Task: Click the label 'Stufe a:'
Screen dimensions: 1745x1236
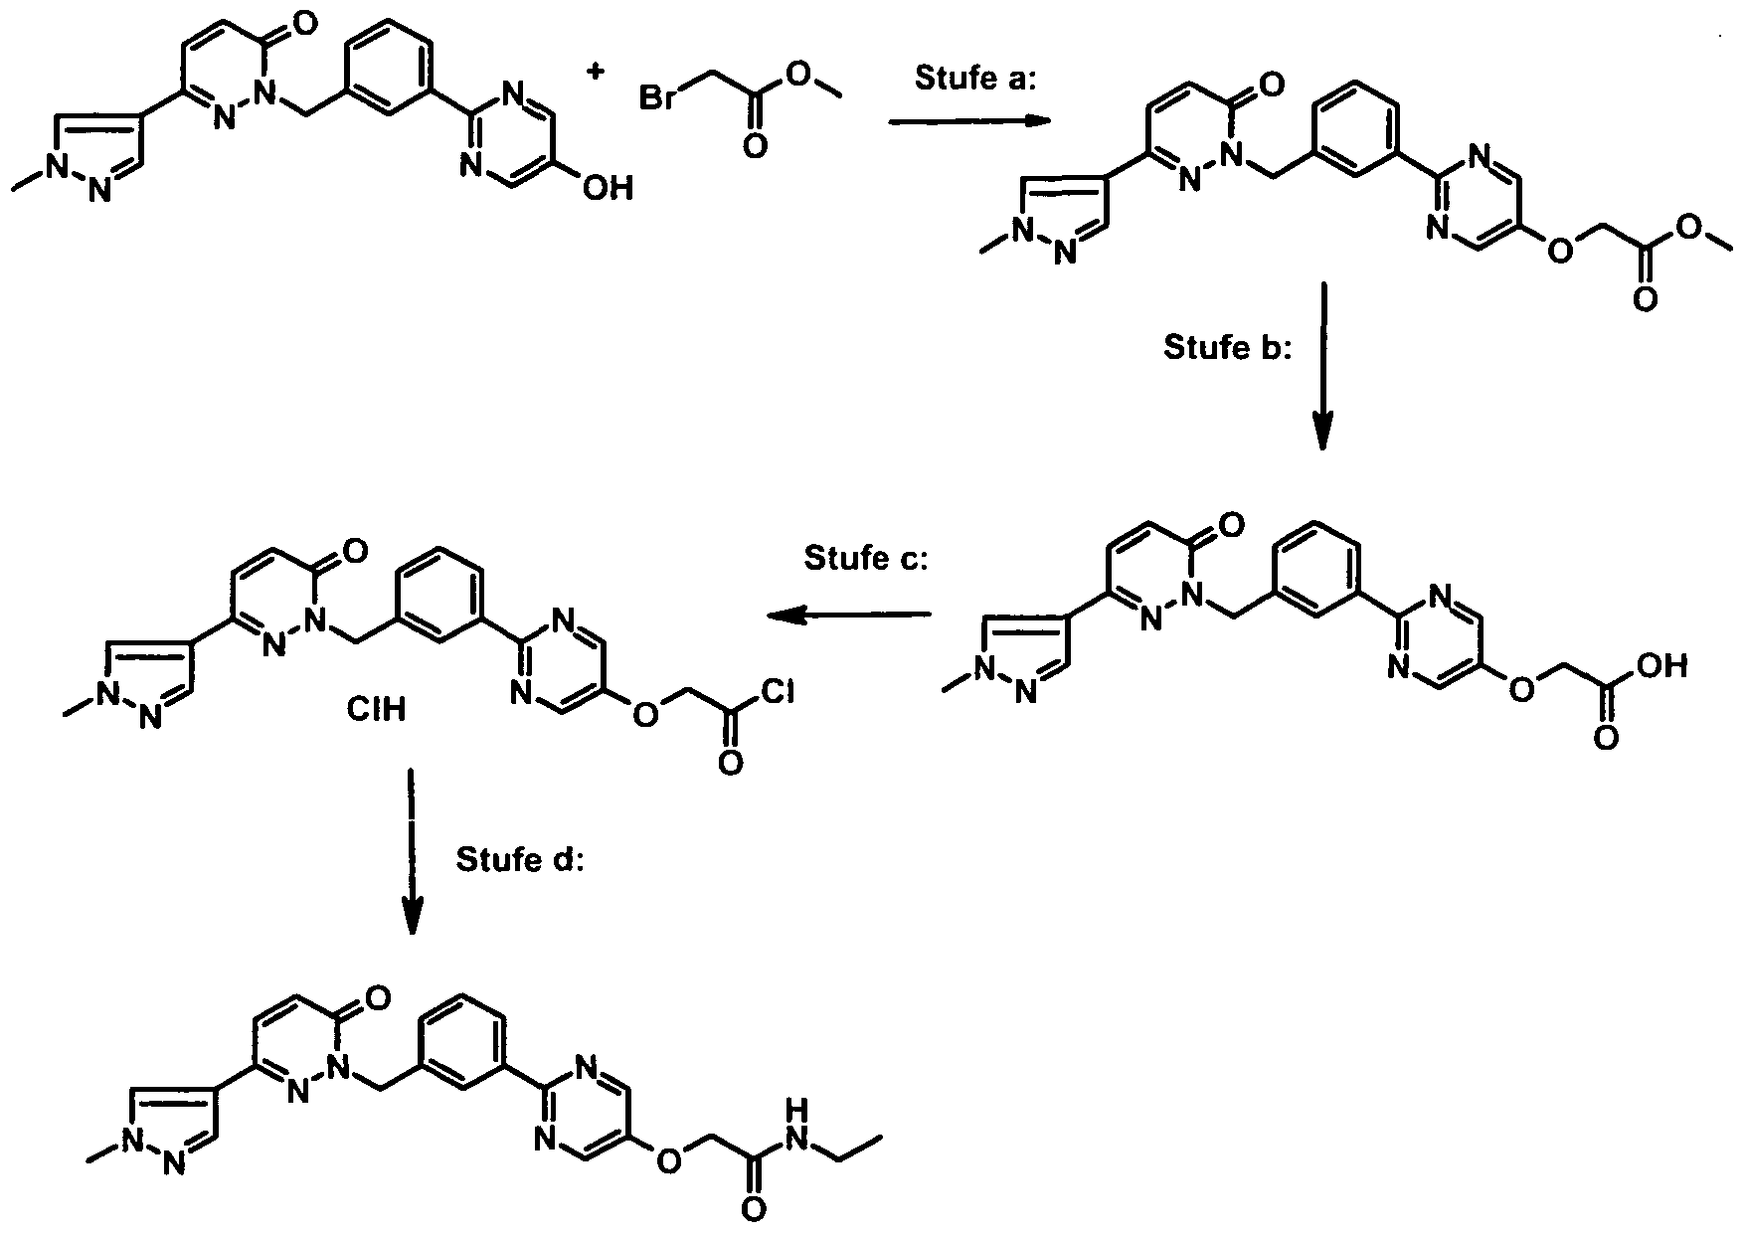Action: point(975,80)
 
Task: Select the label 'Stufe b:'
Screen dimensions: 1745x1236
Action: point(1226,348)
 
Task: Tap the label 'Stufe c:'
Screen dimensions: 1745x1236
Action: point(866,559)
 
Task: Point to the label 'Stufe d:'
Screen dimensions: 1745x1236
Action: point(520,859)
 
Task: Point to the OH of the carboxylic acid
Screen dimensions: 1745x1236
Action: point(1662,665)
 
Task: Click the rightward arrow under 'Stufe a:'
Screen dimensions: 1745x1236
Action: point(969,121)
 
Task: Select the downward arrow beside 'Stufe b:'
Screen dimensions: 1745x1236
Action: point(1322,365)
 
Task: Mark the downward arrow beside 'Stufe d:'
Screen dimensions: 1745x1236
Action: point(412,852)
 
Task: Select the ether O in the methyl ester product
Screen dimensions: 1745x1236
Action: point(1562,251)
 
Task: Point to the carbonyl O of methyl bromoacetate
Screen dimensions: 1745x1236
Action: point(755,146)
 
